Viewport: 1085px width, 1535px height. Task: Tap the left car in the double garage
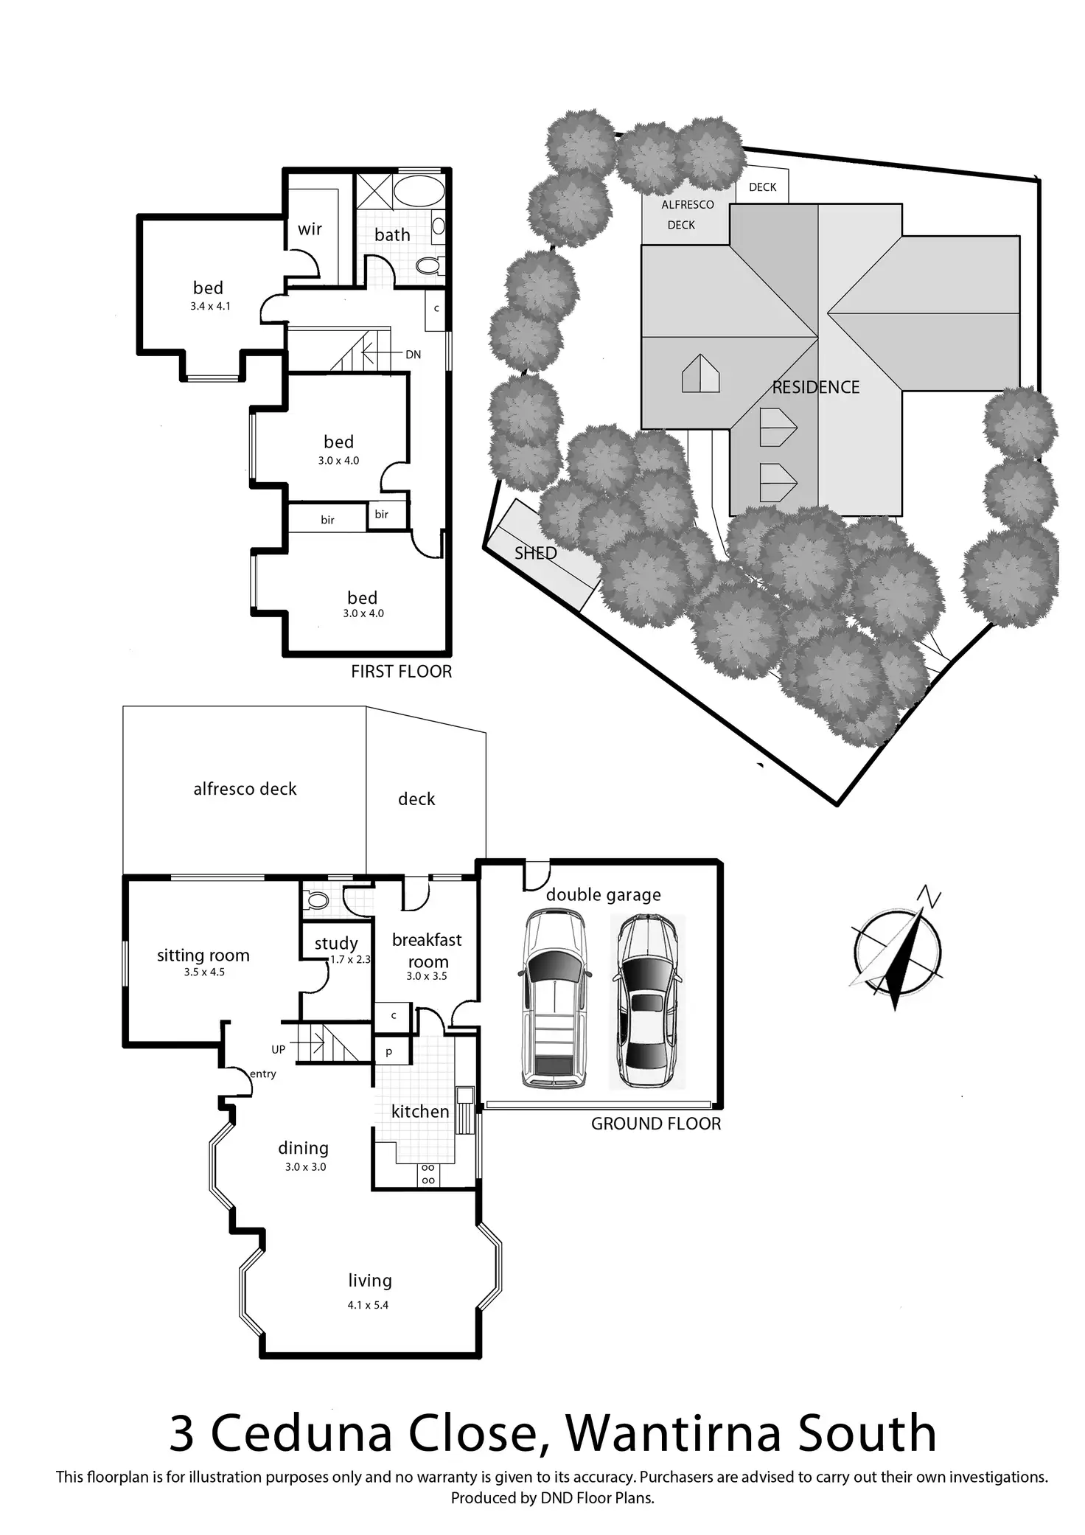[555, 1000]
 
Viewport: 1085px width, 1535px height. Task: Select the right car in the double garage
[647, 1001]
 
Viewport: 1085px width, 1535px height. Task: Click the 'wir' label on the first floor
[310, 229]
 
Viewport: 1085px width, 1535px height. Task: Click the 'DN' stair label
[413, 355]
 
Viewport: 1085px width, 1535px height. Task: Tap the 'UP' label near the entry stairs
[279, 1049]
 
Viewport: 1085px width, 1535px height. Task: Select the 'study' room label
[336, 943]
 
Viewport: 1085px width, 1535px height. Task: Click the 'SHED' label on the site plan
[535, 553]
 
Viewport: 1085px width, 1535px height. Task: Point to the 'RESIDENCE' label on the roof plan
[816, 387]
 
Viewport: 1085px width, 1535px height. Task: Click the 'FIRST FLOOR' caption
[401, 672]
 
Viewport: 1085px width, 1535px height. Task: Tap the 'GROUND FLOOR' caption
[656, 1124]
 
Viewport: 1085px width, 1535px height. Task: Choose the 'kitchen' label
[419, 1111]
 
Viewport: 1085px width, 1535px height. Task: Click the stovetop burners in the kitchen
[428, 1174]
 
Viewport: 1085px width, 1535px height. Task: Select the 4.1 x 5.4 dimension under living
[368, 1305]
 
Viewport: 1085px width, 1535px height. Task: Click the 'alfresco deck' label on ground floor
[245, 789]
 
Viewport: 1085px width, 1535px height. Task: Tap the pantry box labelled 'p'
[388, 1051]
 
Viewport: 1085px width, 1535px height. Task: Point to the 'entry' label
[263, 1073]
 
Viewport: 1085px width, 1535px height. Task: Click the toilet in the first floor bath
[428, 265]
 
